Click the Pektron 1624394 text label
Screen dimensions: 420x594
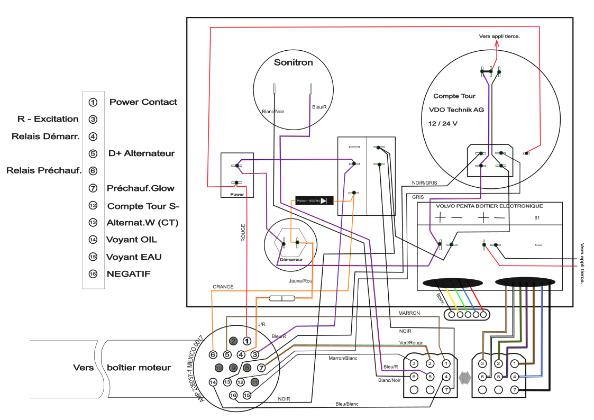307,201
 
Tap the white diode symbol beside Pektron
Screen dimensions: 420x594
324,200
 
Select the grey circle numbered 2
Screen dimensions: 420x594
233,341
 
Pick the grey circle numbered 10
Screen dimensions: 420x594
220,368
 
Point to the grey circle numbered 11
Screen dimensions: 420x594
255,381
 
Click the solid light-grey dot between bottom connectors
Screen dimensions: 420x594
464,377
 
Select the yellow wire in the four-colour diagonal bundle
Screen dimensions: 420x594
452,299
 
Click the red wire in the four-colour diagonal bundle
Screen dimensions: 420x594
476,299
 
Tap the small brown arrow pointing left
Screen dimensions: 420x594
523,363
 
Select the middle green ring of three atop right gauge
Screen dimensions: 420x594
490,71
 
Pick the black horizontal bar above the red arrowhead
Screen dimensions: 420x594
499,36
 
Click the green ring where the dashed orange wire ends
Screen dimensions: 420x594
354,193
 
